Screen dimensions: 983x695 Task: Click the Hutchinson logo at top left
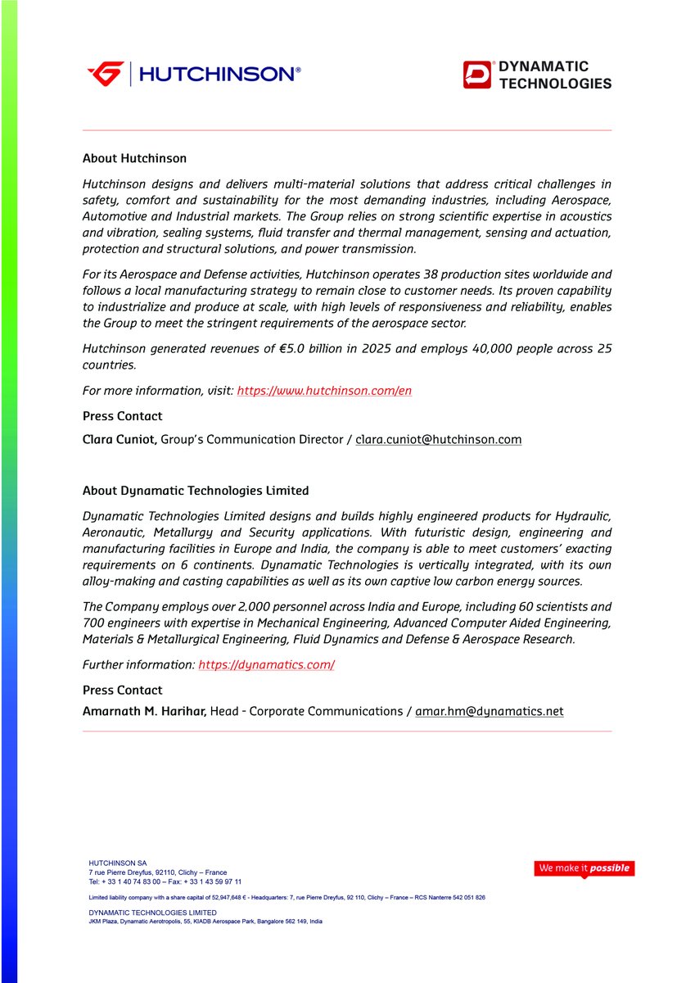(193, 74)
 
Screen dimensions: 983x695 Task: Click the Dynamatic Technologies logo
(536, 75)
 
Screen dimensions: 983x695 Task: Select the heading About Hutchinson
(134, 158)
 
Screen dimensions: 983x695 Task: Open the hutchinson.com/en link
(324, 391)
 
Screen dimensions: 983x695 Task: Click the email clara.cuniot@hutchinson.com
(438, 439)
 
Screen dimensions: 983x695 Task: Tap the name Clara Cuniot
(120, 439)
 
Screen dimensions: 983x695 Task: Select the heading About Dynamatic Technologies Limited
(196, 491)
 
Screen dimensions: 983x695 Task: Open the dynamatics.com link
(266, 664)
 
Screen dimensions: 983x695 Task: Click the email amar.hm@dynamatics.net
(489, 711)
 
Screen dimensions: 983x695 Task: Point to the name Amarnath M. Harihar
(144, 711)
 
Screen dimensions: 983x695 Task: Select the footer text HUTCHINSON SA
(117, 863)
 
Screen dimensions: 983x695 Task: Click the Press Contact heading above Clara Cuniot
(122, 416)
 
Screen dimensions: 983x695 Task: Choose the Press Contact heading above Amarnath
(122, 690)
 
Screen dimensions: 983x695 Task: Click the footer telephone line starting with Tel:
(165, 881)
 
